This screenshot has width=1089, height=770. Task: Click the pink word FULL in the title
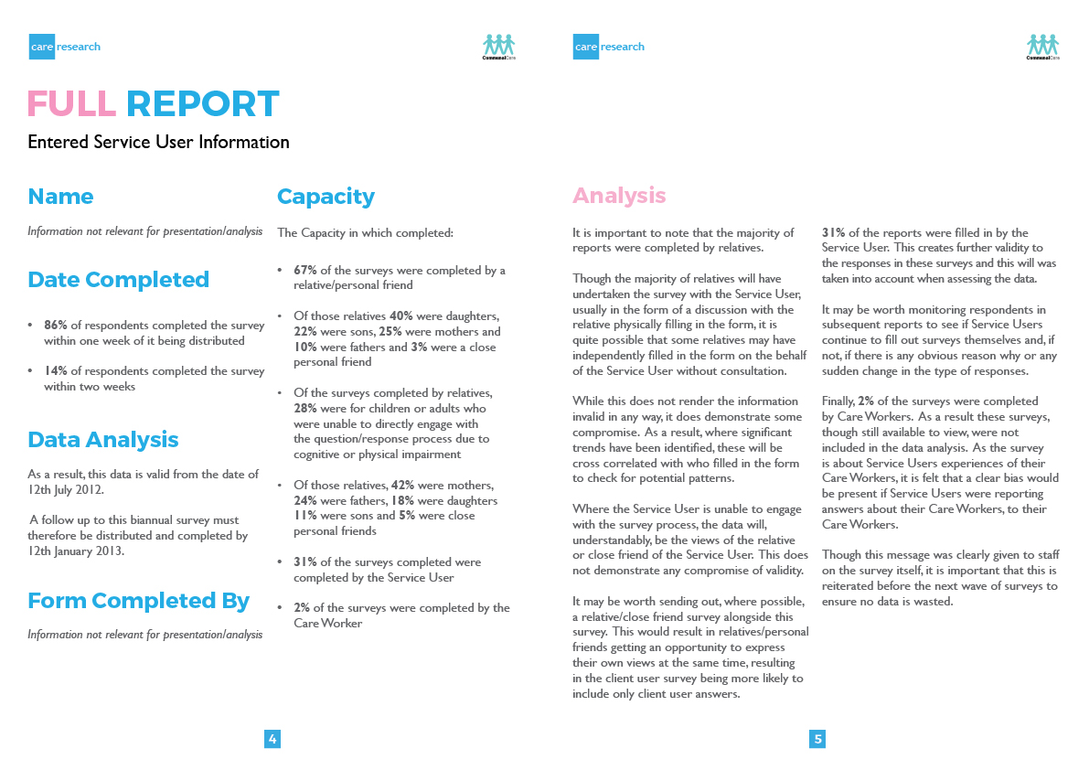point(72,104)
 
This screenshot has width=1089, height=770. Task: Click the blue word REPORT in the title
point(202,104)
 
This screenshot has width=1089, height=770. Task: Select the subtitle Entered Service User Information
point(158,142)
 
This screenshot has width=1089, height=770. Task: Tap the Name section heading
point(60,197)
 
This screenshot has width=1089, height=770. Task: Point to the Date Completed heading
point(118,280)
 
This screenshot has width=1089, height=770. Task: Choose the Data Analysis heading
point(102,440)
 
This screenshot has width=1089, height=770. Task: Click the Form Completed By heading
point(138,601)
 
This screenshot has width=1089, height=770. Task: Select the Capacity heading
point(326,197)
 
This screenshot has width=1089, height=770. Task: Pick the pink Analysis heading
point(619,196)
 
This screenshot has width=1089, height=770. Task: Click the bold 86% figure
point(55,325)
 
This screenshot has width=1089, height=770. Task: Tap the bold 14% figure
point(55,371)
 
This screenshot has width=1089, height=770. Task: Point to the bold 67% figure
point(304,271)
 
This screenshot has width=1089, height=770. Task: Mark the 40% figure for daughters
point(401,316)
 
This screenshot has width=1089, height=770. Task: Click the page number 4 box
point(272,739)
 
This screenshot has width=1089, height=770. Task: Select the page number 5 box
point(817,739)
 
